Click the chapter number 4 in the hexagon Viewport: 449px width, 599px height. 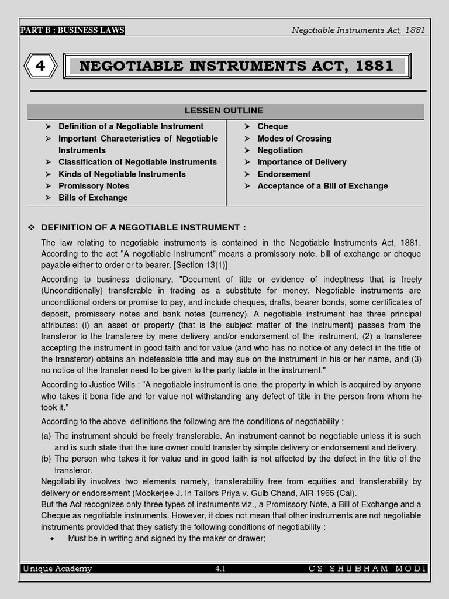(40, 66)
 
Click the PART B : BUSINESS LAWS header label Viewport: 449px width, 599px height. (72, 30)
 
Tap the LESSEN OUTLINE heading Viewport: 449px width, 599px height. (224, 111)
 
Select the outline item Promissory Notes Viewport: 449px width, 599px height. (94, 186)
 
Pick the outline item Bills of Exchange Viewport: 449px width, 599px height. (93, 198)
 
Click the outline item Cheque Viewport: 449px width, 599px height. (272, 126)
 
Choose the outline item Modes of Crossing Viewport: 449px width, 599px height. (294, 139)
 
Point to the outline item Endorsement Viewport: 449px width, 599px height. (284, 174)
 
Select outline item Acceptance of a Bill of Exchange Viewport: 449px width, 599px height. (322, 186)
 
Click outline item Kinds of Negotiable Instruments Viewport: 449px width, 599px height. (122, 174)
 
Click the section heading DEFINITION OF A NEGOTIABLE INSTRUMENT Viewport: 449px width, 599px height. (143, 228)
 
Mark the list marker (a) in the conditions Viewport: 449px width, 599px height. (46, 436)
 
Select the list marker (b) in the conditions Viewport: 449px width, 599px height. (46, 459)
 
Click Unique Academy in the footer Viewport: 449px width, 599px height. (57, 569)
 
